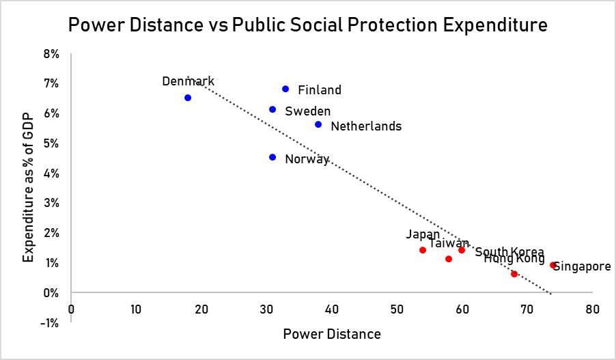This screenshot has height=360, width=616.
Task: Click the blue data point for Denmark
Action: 188,98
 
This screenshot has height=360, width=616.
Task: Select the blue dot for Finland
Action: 285,89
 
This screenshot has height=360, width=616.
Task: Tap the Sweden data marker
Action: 272,109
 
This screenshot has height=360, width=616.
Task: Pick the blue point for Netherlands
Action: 318,124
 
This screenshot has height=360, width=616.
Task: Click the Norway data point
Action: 272,157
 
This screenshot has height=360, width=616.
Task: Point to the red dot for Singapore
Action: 553,265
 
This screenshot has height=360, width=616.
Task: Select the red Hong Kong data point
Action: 514,274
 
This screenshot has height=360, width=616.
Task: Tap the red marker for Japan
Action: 423,250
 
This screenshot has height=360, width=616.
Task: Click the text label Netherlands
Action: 366,126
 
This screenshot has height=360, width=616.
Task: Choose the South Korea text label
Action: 509,252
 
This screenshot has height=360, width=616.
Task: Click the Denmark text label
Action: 188,81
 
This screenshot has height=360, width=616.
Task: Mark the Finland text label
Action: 320,90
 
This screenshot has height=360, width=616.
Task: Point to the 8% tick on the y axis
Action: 53,53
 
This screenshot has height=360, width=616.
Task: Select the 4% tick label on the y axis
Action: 53,174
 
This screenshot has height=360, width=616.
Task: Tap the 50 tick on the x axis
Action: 397,308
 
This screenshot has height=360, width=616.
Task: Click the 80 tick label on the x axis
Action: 592,308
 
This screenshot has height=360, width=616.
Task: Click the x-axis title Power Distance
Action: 332,334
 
